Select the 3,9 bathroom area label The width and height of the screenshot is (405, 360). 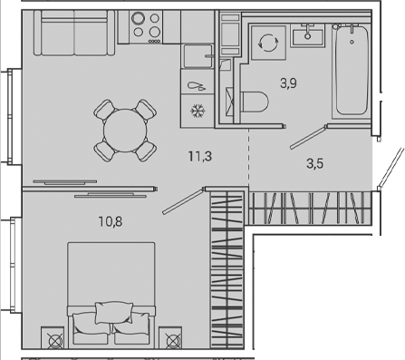(289, 84)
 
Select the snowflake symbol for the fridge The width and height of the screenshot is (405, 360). (196, 110)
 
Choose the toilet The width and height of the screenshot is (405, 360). (257, 100)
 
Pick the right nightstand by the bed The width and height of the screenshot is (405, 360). (170, 341)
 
